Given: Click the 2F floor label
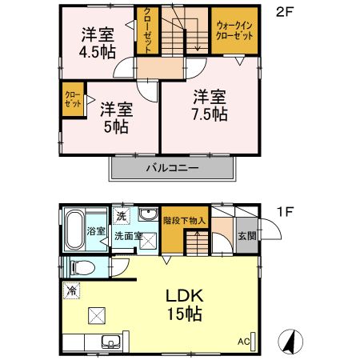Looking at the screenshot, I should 283,13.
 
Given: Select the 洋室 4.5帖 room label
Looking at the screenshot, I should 97,42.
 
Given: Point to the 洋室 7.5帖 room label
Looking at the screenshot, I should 210,106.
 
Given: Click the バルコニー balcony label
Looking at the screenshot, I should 171,170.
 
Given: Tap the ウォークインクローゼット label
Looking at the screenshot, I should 234,30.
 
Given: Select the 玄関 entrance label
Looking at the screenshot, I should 246,237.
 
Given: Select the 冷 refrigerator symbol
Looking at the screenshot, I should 73,290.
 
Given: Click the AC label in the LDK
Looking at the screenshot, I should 243,340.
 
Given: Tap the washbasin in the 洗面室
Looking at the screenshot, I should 149,215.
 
